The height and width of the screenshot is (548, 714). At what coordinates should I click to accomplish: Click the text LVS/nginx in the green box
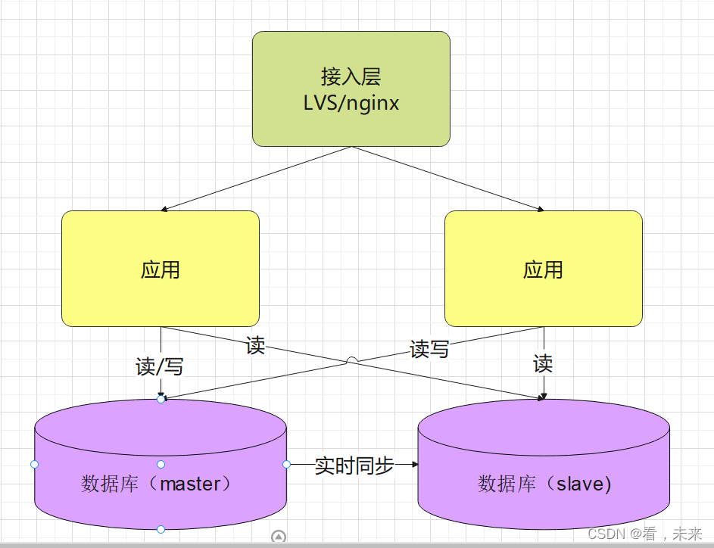coord(351,103)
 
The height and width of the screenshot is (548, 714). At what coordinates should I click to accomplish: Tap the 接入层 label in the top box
coord(351,76)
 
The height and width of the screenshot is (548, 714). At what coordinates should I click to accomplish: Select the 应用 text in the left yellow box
coord(161,269)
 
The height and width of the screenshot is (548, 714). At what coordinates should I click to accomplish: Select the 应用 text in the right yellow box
coord(543,269)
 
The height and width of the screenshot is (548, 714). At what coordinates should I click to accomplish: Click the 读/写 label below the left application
coord(160,367)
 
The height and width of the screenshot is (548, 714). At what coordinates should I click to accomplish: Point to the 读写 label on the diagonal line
coord(429,349)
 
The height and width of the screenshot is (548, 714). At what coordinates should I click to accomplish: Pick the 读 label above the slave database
coord(543,364)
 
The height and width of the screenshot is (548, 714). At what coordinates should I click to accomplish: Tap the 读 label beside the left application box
coord(256,346)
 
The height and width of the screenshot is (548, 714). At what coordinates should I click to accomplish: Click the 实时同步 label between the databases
coord(354,465)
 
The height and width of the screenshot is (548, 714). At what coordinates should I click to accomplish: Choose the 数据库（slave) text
coord(544,484)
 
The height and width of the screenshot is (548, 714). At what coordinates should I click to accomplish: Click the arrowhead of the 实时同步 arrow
coord(414,464)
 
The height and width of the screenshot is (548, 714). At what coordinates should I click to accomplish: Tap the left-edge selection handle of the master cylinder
coord(34,464)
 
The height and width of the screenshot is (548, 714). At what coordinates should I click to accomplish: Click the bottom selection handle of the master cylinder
coord(161,529)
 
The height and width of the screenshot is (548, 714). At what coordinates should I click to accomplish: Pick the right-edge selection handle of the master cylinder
coord(286,464)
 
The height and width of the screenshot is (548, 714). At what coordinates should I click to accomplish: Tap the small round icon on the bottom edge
coord(279,537)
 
